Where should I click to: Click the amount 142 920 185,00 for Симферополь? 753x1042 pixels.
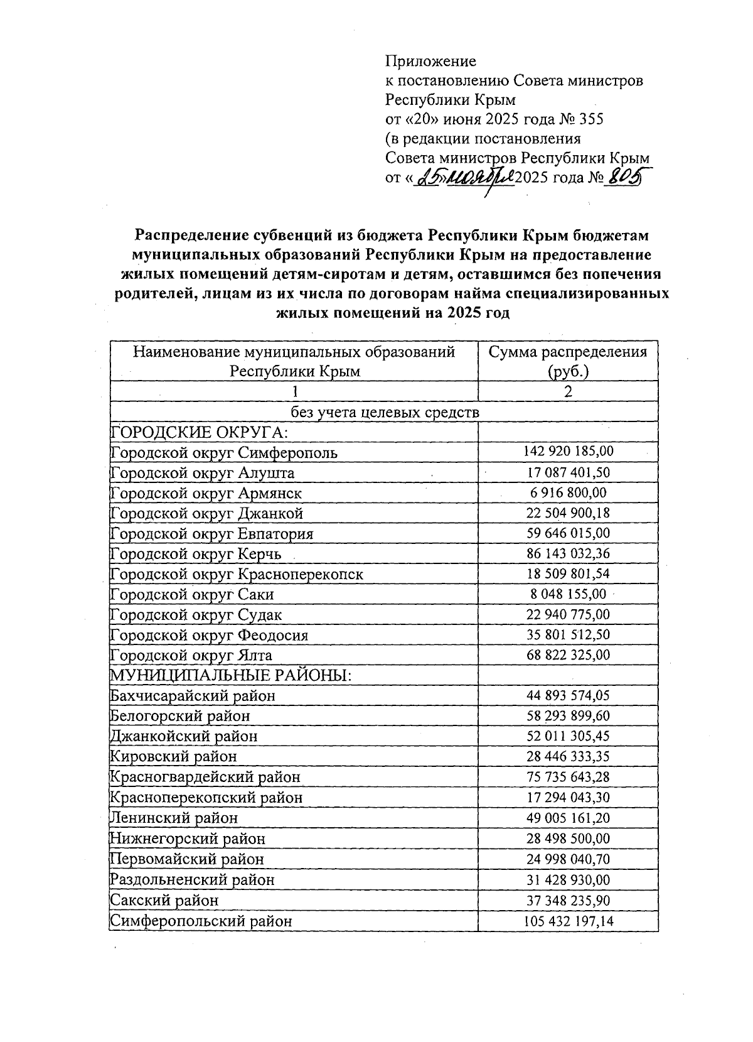coord(568,452)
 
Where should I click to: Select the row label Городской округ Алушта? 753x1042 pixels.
coord(203,472)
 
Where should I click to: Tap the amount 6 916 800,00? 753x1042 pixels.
coord(568,492)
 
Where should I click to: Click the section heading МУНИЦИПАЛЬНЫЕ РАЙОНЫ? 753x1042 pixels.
coord(230,676)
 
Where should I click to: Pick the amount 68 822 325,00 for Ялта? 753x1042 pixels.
coord(568,655)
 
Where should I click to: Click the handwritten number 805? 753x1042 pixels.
coord(625,178)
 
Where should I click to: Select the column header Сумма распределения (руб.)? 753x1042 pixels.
coord(568,361)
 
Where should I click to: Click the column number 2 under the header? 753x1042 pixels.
coord(568,392)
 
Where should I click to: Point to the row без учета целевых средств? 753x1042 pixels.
coord(384,412)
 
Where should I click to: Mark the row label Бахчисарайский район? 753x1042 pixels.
coord(193,696)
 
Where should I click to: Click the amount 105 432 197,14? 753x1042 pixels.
coord(568,921)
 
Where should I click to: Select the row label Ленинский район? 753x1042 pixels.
coord(174,818)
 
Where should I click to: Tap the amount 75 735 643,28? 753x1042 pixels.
coord(568,777)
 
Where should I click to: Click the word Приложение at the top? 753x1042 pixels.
coord(430,61)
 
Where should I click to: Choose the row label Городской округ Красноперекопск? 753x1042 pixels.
coord(237,574)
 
